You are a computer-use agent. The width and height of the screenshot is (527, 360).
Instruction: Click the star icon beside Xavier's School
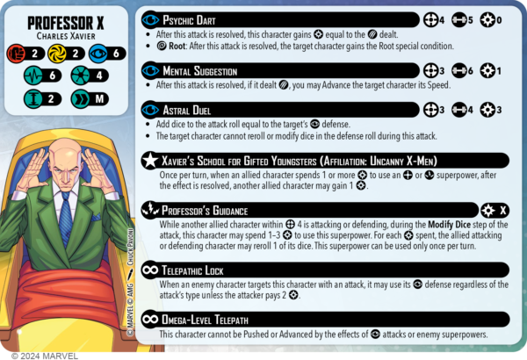(152, 161)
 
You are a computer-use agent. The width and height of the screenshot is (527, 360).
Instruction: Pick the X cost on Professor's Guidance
(502, 212)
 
